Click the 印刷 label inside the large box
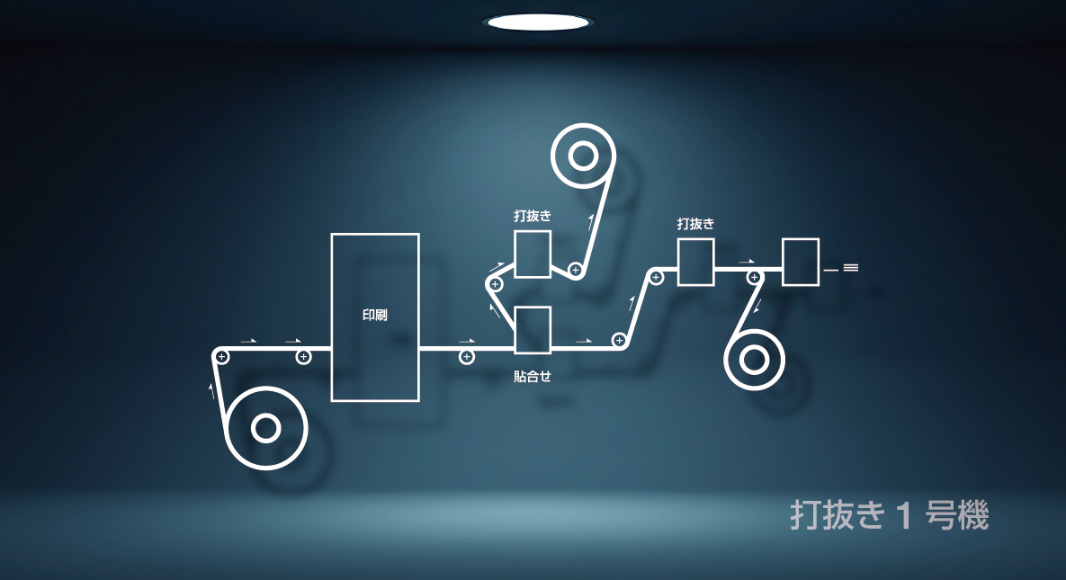375,316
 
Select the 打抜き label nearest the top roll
533,216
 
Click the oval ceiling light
537,22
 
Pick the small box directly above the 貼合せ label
533,330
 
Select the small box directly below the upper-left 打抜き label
533,254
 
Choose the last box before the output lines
801,262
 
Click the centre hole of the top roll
583,156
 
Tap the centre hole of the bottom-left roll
265,429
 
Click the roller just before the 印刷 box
303,357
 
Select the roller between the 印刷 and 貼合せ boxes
466,357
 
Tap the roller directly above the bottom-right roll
754,277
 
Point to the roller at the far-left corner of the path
221,357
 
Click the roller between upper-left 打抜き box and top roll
576,270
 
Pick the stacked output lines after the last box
851,267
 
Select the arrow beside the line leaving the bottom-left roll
212,390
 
